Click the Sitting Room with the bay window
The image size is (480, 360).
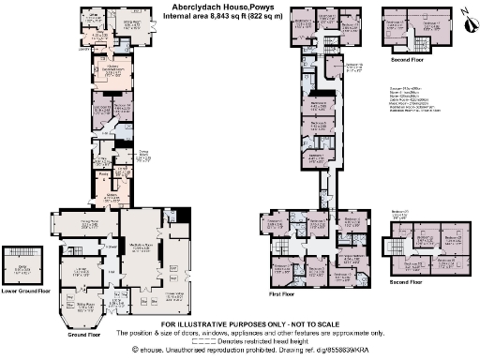[x=85, y=305]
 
